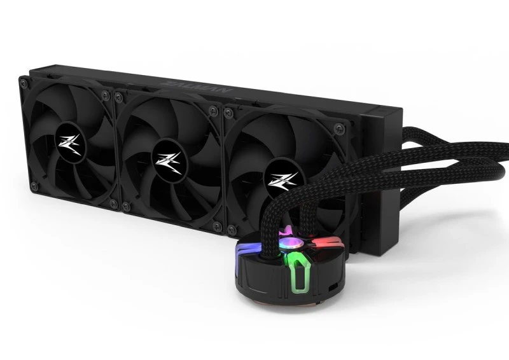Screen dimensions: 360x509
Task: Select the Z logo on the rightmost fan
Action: click(277, 177)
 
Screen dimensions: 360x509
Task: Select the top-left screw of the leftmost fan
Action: click(24, 81)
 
